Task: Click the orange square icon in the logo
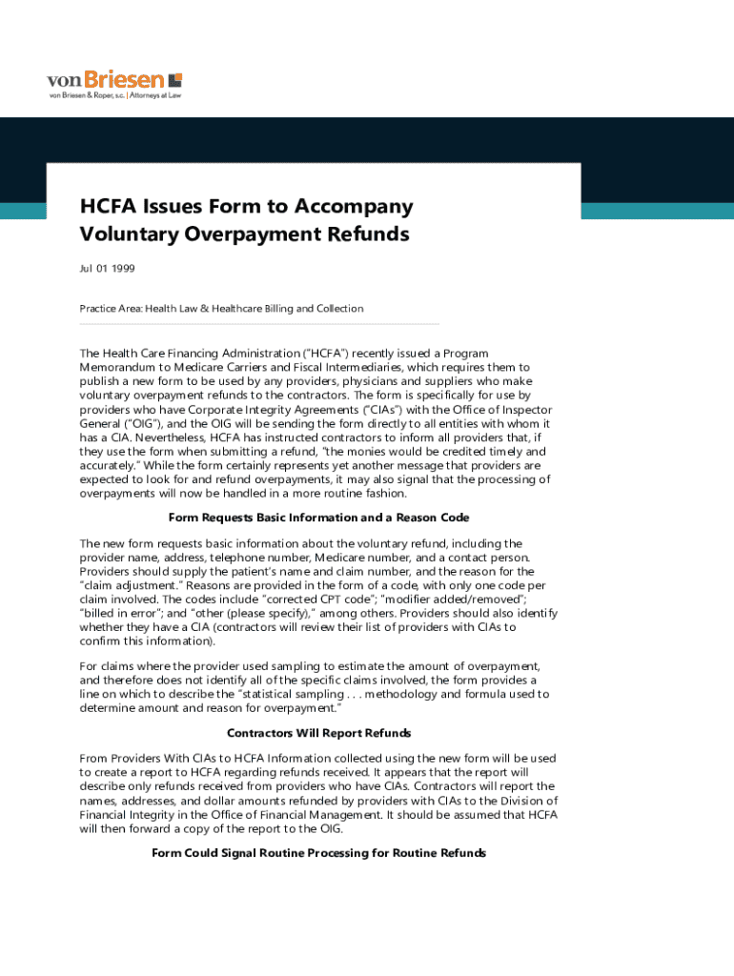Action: tap(174, 80)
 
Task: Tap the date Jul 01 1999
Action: tap(107, 268)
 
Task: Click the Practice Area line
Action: tap(221, 308)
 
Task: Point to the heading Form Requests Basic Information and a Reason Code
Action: tap(318, 518)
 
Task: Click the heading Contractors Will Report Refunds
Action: tap(318, 733)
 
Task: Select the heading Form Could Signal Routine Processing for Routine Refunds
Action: tap(318, 853)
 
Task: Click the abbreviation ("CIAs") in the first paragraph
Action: tap(371, 409)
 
